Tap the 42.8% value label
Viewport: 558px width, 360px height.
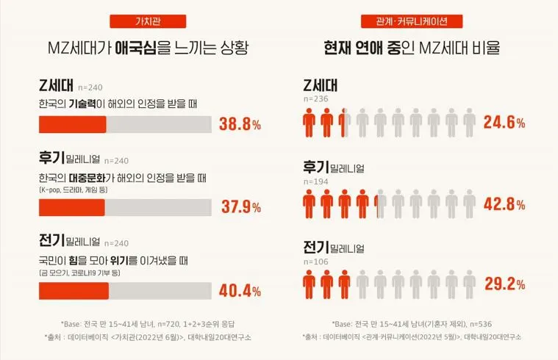tap(504, 203)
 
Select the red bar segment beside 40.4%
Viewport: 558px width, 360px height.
tap(74, 291)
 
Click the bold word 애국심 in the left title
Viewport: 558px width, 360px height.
tap(135, 49)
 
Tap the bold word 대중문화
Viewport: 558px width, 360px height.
tap(95, 178)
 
